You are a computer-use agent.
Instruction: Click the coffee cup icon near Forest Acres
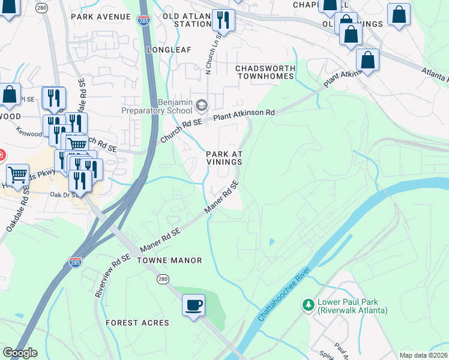point(194,305)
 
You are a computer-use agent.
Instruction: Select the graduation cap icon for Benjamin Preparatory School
point(202,106)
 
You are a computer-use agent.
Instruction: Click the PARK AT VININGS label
point(224,158)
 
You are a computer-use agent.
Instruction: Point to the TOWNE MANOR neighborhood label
point(169,260)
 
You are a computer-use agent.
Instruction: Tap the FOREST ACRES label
point(137,323)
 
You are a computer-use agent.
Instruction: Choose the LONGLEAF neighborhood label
point(169,49)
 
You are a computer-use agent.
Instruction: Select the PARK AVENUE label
point(100,17)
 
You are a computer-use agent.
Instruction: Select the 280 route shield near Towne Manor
point(163,279)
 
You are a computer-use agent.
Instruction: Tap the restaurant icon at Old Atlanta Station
point(223,20)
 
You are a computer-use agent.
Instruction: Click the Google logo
point(19,353)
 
